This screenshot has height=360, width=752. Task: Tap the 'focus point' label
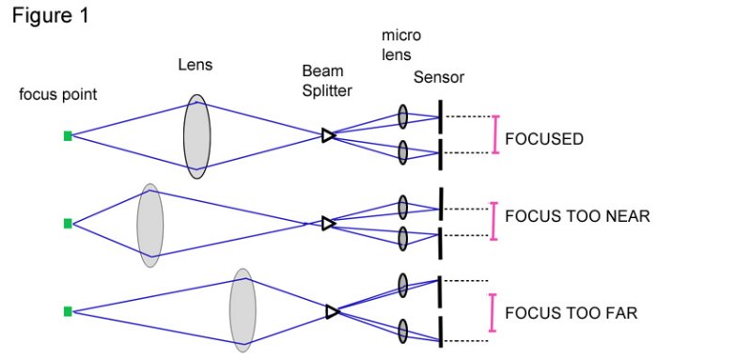(58, 95)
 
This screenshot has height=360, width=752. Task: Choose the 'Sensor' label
(439, 77)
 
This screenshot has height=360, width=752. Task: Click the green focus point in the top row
(68, 136)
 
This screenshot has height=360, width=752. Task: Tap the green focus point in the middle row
(68, 224)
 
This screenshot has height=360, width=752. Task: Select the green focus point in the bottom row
(68, 311)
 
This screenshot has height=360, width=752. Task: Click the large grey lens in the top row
(197, 136)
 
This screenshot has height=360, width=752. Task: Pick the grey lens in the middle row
(150, 224)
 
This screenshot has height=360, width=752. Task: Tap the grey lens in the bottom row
(243, 310)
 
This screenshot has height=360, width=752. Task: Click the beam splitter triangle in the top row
(328, 135)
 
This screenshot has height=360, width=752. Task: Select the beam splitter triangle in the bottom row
(332, 311)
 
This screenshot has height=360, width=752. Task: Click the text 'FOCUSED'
(544, 139)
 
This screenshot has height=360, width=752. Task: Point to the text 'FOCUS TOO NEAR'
(577, 216)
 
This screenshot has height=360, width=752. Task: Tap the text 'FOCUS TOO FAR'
(571, 312)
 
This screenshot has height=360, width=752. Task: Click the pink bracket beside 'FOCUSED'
(495, 134)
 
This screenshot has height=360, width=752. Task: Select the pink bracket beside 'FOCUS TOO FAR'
(492, 312)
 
